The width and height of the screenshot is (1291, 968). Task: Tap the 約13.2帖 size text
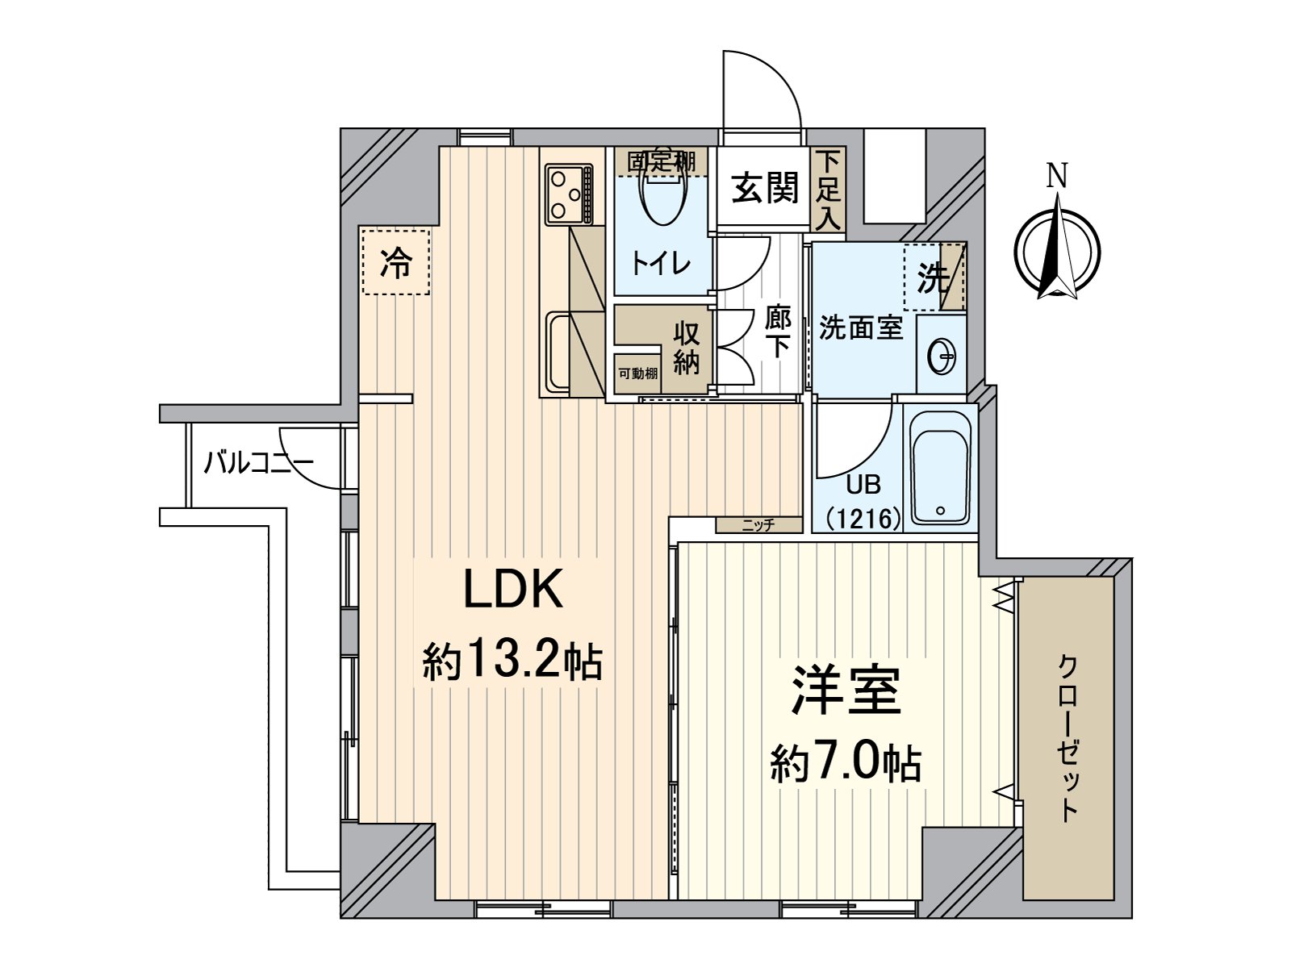click(x=513, y=661)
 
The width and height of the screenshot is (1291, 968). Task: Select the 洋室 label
click(x=845, y=691)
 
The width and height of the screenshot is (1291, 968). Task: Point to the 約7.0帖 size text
click(x=845, y=761)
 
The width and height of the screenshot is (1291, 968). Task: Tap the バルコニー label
click(x=257, y=463)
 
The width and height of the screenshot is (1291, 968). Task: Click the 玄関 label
click(x=765, y=188)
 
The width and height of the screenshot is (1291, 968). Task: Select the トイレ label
click(x=660, y=263)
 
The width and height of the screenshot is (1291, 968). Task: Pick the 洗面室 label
click(x=860, y=328)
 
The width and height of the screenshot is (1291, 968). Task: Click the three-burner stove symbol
click(x=569, y=194)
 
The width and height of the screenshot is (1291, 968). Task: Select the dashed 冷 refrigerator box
click(x=395, y=262)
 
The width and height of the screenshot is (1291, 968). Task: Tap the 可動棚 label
click(x=637, y=373)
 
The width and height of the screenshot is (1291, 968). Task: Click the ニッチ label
click(x=758, y=525)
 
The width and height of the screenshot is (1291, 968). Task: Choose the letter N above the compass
click(x=1057, y=176)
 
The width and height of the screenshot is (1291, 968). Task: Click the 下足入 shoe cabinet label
click(x=828, y=190)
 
